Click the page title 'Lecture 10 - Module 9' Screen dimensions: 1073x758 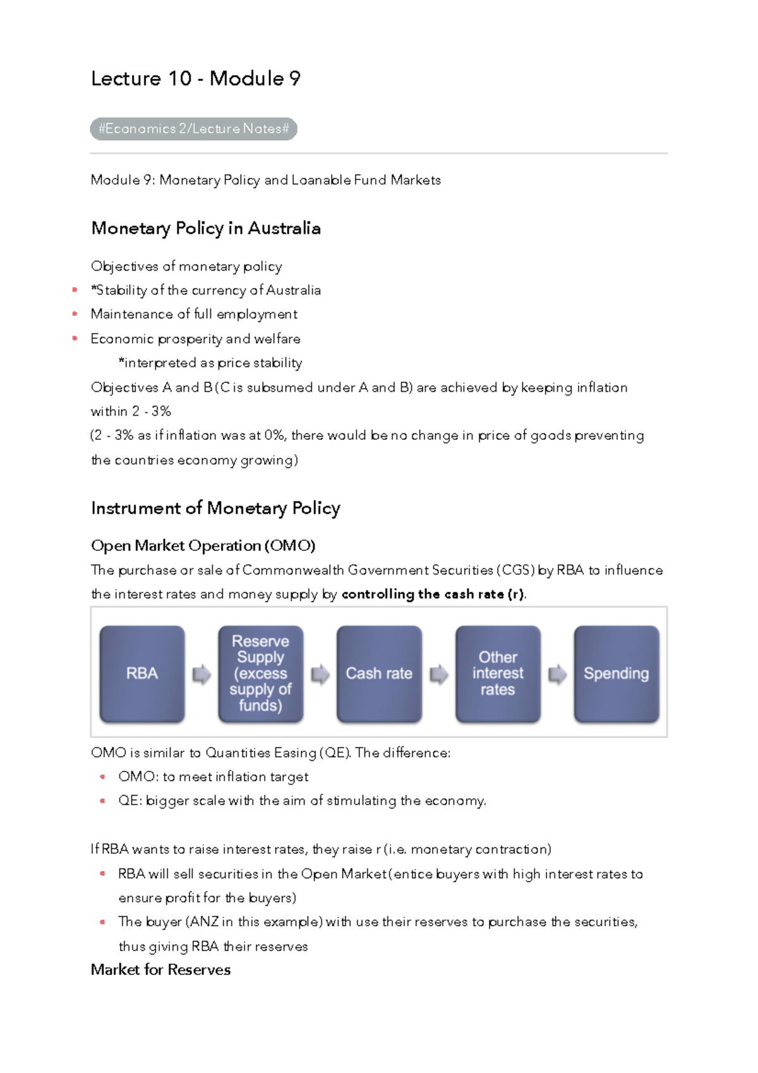(x=196, y=78)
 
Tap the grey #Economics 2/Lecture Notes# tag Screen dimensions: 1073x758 (x=193, y=129)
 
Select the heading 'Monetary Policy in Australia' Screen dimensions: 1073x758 (x=206, y=228)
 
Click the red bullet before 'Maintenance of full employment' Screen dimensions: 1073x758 (x=75, y=314)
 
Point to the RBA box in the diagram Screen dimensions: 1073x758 (x=142, y=674)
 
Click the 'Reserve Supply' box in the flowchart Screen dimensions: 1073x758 (x=260, y=674)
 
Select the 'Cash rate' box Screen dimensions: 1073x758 (x=379, y=674)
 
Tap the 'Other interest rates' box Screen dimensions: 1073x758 (x=498, y=674)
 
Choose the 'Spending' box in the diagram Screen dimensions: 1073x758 (x=616, y=674)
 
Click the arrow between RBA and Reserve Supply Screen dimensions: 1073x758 (x=202, y=674)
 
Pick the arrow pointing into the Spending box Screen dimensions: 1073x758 (x=557, y=674)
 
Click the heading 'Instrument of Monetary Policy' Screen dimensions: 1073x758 (x=215, y=508)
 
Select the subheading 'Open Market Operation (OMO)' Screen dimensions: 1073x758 (x=203, y=545)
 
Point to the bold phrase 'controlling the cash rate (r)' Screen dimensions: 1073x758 (x=433, y=594)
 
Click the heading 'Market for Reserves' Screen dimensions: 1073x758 (x=160, y=970)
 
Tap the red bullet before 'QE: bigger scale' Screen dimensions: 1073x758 (x=102, y=801)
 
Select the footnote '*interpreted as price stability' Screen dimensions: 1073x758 (x=210, y=363)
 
